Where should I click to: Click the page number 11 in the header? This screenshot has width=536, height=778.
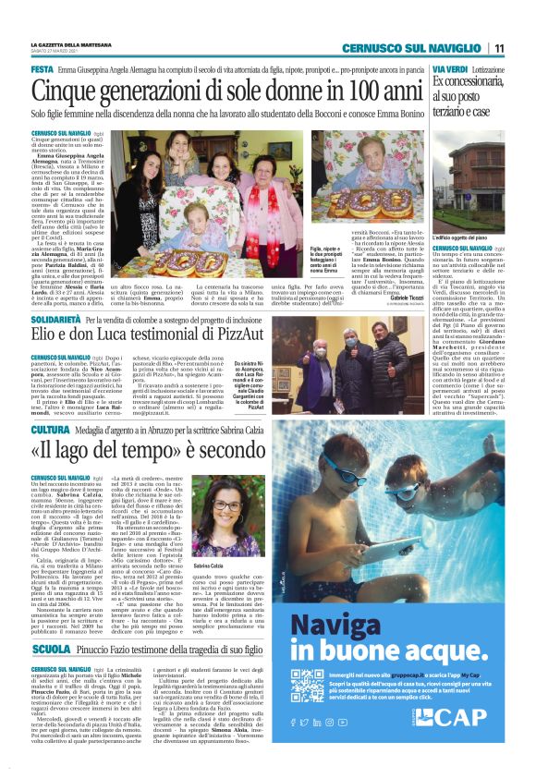pyautogui.click(x=498, y=48)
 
